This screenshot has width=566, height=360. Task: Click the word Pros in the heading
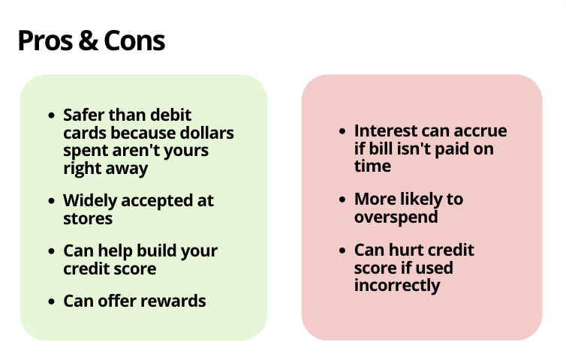click(45, 40)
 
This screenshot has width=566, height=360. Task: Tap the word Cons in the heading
click(134, 40)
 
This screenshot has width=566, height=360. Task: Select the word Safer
click(84, 115)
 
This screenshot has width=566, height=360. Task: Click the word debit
click(170, 115)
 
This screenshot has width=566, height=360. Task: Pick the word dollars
click(206, 133)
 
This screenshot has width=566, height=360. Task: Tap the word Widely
click(90, 201)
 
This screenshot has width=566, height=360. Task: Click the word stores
click(88, 218)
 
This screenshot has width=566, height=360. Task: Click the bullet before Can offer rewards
click(52, 301)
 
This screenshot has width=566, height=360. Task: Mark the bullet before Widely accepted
click(52, 201)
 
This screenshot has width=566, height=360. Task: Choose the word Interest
click(386, 130)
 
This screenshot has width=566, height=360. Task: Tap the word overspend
click(396, 217)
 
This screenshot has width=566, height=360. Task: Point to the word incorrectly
click(397, 286)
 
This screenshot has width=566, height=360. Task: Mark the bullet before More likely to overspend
click(342, 199)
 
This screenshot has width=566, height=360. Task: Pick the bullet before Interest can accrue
click(342, 131)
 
